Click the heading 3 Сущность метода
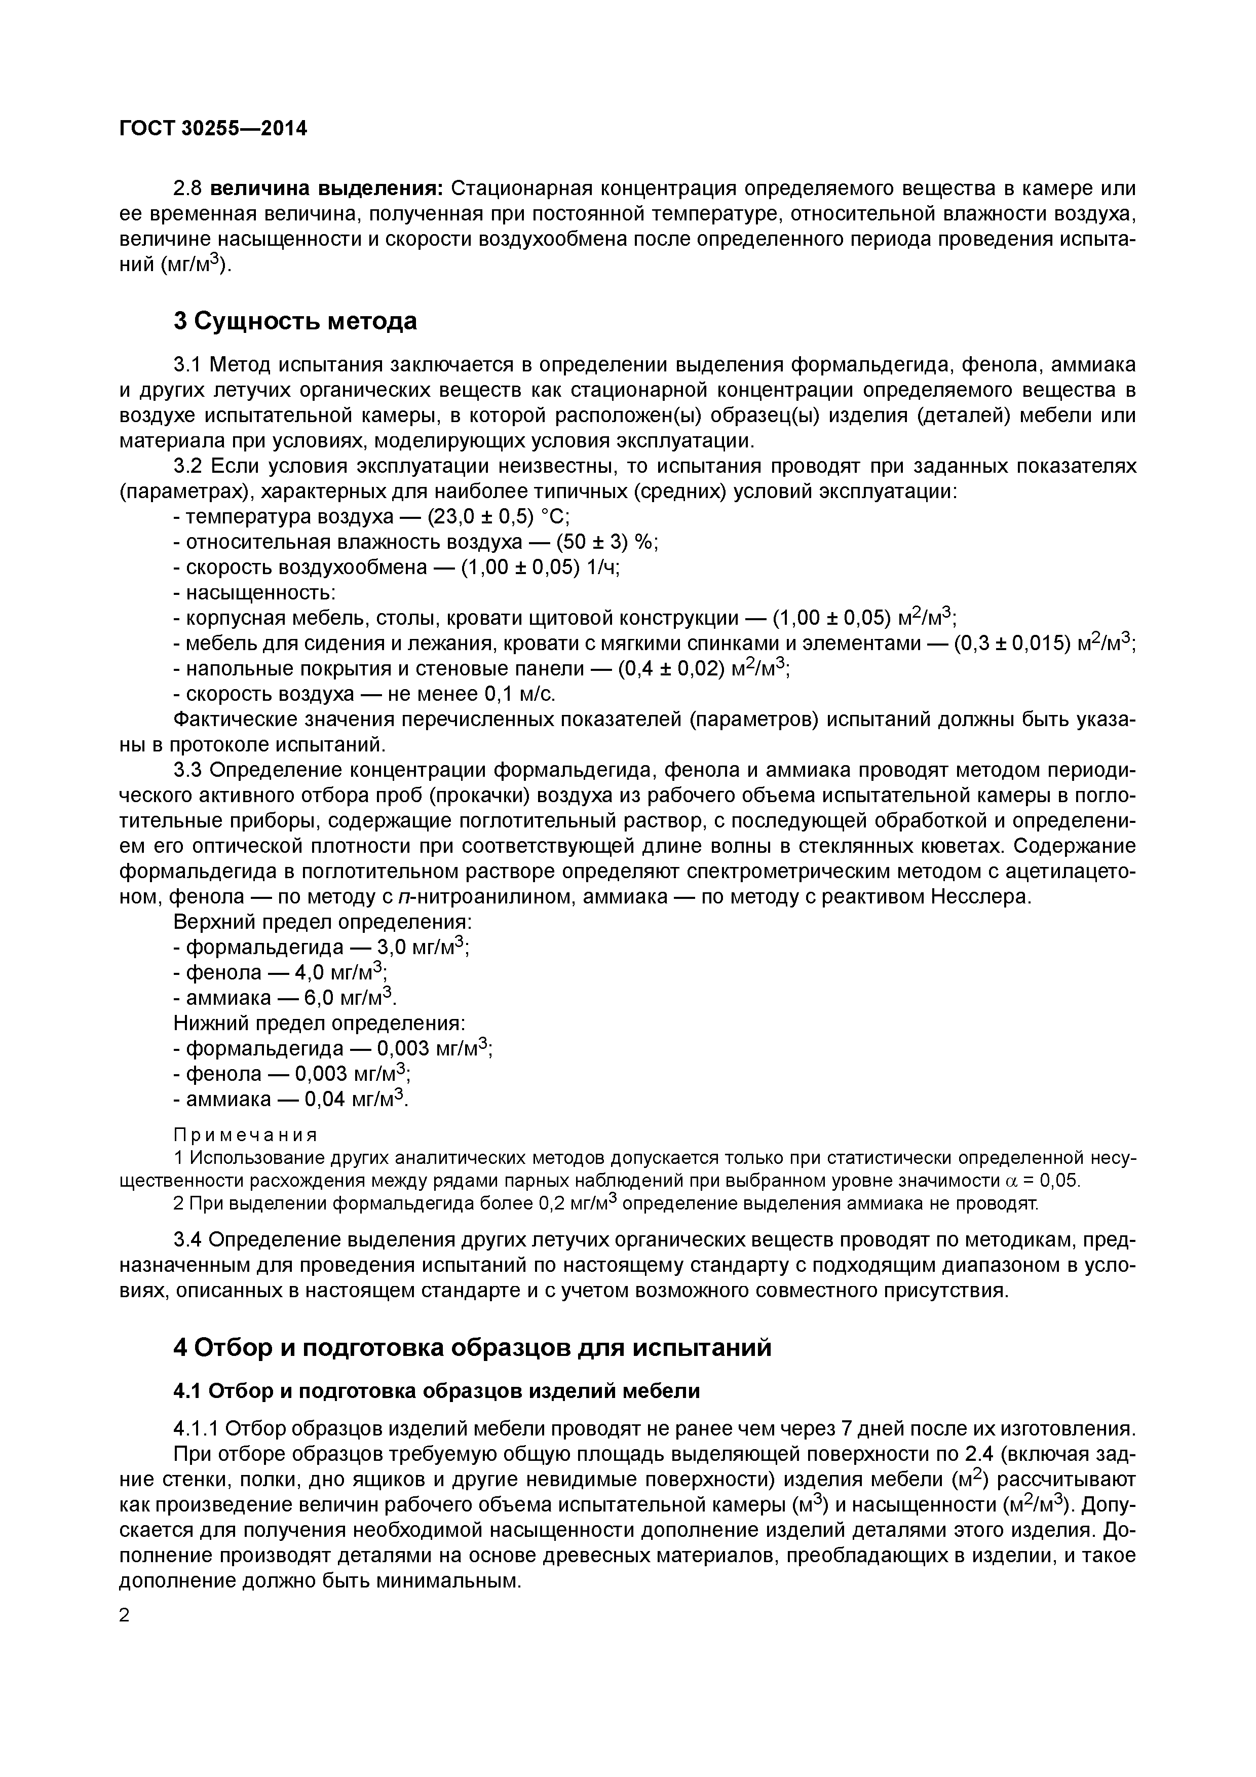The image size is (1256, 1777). pyautogui.click(x=295, y=320)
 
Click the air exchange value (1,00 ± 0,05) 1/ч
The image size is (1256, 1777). pyautogui.click(x=541, y=568)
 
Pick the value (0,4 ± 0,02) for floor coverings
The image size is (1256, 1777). pyautogui.click(x=672, y=669)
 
